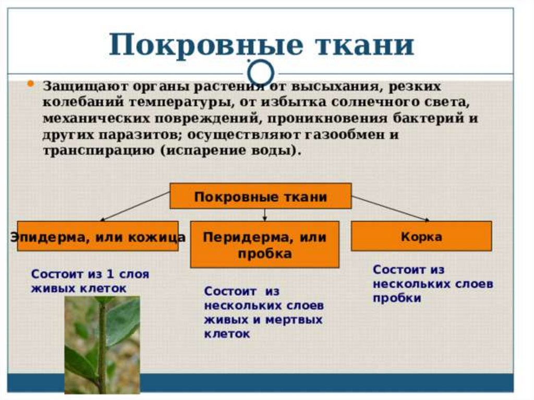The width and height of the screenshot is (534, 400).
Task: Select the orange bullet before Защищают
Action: click(x=31, y=84)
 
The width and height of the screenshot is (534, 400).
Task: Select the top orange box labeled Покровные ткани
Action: click(x=260, y=197)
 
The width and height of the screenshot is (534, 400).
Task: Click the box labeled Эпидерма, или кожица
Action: click(x=98, y=236)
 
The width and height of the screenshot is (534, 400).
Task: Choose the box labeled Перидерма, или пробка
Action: click(x=264, y=245)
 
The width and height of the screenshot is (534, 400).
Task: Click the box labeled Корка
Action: click(x=421, y=236)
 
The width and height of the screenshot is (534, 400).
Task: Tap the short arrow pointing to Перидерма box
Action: click(x=264, y=214)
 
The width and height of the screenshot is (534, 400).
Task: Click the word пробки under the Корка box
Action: click(x=397, y=298)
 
